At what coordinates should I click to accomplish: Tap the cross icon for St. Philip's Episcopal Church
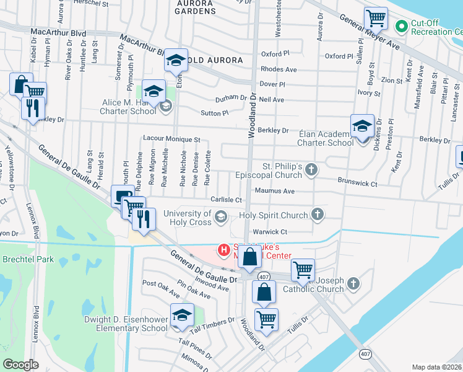point(312,169)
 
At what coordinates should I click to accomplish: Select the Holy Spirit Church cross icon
point(318,215)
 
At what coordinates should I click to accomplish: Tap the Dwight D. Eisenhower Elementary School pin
point(181,316)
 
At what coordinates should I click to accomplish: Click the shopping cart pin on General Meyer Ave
point(376,20)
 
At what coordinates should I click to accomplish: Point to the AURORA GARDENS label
point(195,7)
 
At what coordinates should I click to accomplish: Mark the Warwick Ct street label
point(267,232)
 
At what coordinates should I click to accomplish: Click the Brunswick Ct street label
point(357,184)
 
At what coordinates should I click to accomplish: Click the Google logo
point(20,364)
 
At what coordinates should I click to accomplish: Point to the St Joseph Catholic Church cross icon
point(353,283)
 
